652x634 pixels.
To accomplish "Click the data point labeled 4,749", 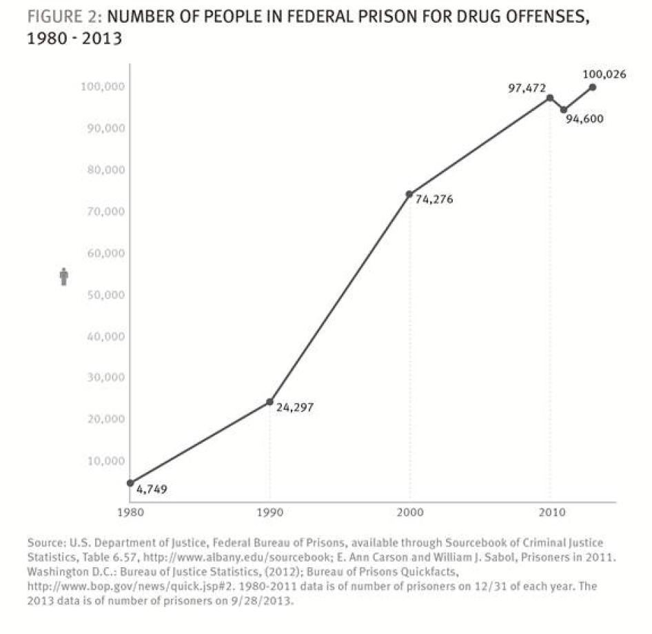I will (130, 483).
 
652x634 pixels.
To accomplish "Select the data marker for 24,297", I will (269, 402).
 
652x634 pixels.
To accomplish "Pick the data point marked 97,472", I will (549, 98).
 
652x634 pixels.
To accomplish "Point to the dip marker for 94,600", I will (564, 110).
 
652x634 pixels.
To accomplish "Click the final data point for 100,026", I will (593, 87).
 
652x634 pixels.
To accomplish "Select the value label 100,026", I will (604, 74).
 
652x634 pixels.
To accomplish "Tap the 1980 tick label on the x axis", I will (130, 513).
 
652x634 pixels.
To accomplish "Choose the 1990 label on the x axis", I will (269, 513).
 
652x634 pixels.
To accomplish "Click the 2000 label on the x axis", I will (409, 513).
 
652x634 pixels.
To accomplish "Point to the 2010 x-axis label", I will (549, 513).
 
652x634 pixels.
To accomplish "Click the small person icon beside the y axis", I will (64, 276).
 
